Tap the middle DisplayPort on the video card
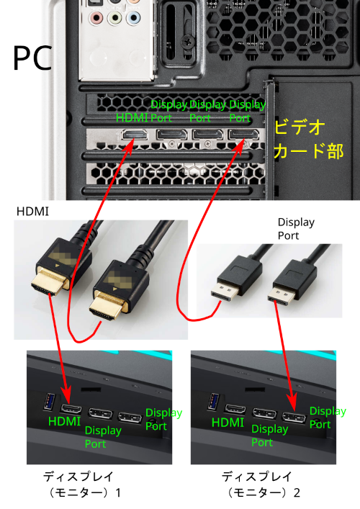click(206, 135)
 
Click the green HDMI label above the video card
click(132, 118)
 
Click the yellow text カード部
click(307, 152)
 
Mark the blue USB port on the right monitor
click(213, 400)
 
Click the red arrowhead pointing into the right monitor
click(292, 402)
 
